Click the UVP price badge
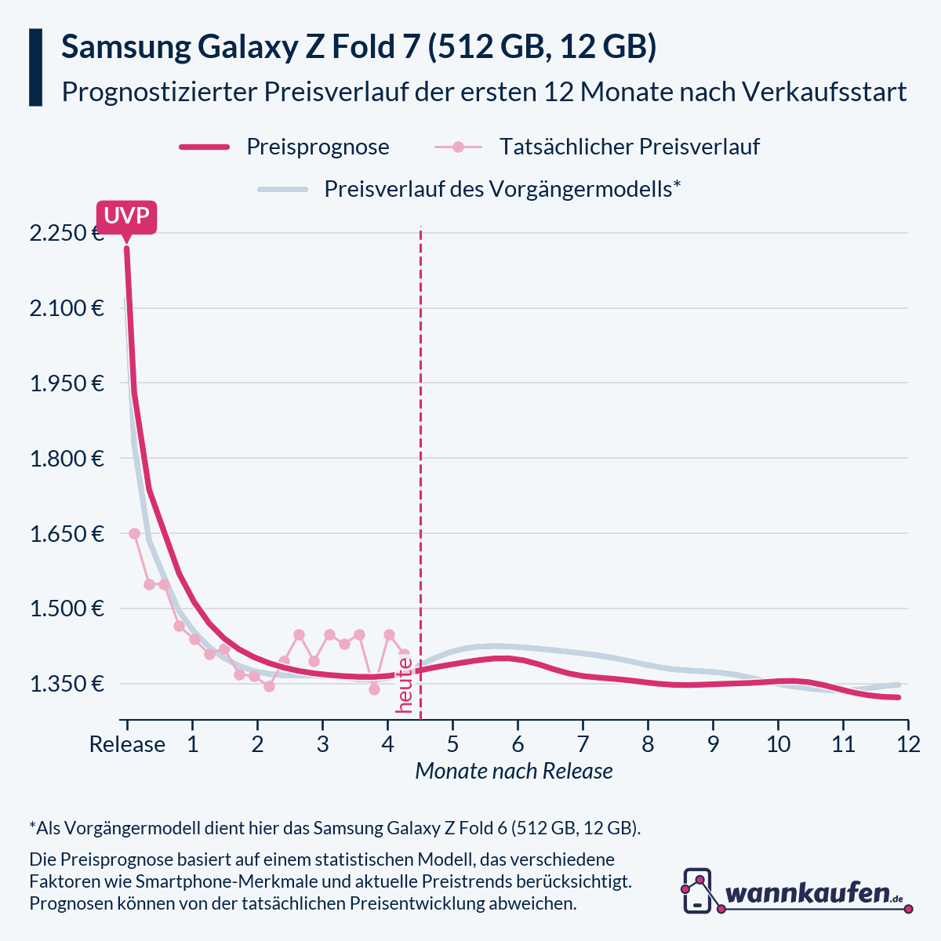(126, 216)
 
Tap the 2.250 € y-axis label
(67, 234)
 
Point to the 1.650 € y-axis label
(67, 534)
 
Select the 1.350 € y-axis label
(67, 685)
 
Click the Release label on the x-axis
(127, 743)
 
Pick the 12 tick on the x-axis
(908, 743)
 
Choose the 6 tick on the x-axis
(518, 743)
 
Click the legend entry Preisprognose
(318, 147)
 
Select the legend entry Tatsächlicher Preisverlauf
(629, 147)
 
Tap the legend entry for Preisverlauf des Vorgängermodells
(502, 189)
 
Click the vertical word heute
(405, 685)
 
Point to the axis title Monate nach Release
(514, 771)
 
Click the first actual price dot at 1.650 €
(134, 534)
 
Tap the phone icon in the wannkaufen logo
(697, 891)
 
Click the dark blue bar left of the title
(35, 67)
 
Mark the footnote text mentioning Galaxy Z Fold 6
(335, 828)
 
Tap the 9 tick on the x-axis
(713, 743)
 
